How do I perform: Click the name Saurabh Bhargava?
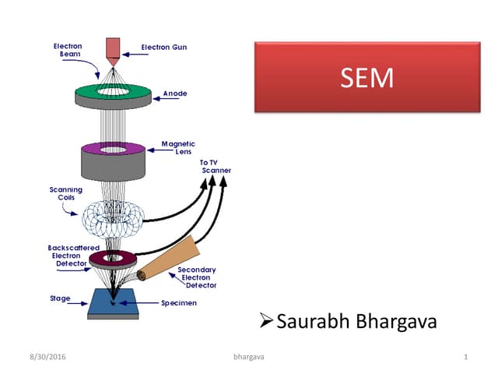(x=356, y=321)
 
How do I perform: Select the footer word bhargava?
(x=249, y=357)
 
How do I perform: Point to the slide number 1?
(x=465, y=357)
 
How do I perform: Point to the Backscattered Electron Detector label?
(x=68, y=256)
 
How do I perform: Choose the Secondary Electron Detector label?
(x=197, y=278)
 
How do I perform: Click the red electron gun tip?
(x=113, y=48)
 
